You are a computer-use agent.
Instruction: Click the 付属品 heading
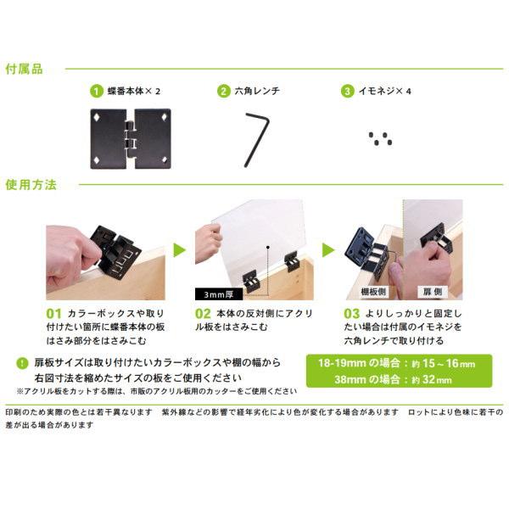24,70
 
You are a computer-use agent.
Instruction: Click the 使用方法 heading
31,185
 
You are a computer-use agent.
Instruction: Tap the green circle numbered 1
97,92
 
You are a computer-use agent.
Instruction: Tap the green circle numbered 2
224,92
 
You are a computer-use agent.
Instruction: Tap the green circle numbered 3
347,92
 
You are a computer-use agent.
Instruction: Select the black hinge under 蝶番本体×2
131,138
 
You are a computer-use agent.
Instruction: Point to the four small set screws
380,138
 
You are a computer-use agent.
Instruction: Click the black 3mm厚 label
219,294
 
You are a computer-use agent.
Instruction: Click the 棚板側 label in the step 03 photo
373,292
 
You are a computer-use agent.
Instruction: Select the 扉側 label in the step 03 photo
433,292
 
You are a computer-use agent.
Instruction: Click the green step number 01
54,314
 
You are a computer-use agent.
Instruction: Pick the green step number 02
203,314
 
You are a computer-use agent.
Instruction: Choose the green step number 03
352,314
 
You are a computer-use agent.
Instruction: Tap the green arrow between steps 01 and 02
180,250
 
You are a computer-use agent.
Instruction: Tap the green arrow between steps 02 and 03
328,250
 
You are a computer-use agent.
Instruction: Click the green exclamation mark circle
22,363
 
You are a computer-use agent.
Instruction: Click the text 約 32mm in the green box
431,379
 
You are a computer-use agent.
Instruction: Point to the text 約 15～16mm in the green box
443,363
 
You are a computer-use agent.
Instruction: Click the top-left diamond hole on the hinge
97,117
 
